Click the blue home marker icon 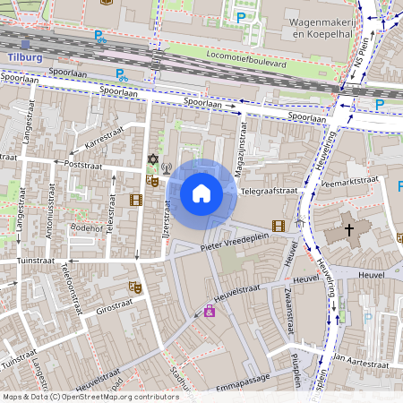click(x=201, y=193)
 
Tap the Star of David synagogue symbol click(x=152, y=160)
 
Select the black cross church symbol click(x=348, y=229)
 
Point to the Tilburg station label click(x=24, y=56)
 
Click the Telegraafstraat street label click(x=269, y=192)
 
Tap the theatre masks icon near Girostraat click(x=135, y=287)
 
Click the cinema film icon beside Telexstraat click(x=135, y=199)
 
